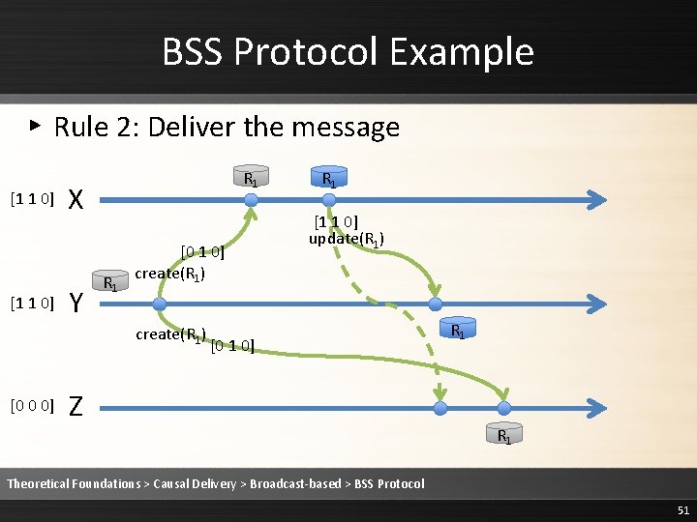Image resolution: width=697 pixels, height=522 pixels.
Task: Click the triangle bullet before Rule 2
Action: click(35, 125)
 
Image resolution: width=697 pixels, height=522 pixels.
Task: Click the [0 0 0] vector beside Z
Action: click(31, 405)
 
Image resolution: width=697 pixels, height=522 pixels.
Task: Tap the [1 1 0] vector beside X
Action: click(31, 199)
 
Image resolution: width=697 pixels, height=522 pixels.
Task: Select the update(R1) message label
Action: click(348, 239)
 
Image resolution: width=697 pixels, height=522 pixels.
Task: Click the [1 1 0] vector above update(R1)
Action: click(336, 223)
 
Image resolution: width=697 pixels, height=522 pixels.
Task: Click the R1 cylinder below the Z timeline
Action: click(504, 434)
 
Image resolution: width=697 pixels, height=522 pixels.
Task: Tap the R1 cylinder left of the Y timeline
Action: click(112, 283)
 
